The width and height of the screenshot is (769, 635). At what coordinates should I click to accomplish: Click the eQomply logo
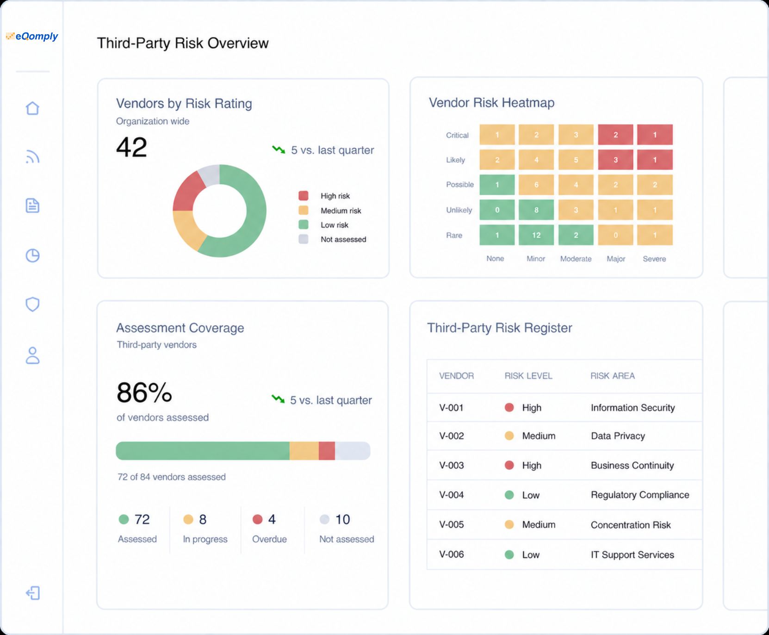tap(32, 36)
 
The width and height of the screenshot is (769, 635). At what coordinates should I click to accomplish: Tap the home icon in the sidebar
tap(32, 108)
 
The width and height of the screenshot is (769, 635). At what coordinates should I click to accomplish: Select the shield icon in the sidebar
tap(32, 304)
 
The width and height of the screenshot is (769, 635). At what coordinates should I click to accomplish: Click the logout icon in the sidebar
tap(33, 593)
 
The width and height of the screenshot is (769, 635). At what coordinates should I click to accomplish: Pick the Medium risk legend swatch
tap(304, 210)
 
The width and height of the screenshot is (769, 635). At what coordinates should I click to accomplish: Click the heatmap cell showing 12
tap(536, 235)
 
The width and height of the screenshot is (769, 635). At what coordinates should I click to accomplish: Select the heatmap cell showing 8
tap(536, 210)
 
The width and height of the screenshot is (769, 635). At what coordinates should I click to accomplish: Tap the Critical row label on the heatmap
tap(457, 135)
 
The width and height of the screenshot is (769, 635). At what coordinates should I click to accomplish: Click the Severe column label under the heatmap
tap(654, 259)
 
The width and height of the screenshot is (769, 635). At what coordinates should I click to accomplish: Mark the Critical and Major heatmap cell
tap(615, 135)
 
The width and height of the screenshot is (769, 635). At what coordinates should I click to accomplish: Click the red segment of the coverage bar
tap(327, 451)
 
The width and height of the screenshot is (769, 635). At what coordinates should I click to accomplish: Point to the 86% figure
tap(144, 392)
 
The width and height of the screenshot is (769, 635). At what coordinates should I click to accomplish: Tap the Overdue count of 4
tap(272, 519)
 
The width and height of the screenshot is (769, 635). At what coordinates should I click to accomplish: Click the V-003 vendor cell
tap(452, 465)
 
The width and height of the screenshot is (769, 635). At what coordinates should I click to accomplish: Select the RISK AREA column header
tap(613, 376)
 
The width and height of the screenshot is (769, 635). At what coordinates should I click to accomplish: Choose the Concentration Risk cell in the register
tap(631, 525)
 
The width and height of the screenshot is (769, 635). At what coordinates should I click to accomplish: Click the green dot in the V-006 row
tap(509, 554)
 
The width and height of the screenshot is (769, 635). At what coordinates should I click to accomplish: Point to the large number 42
tap(131, 147)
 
